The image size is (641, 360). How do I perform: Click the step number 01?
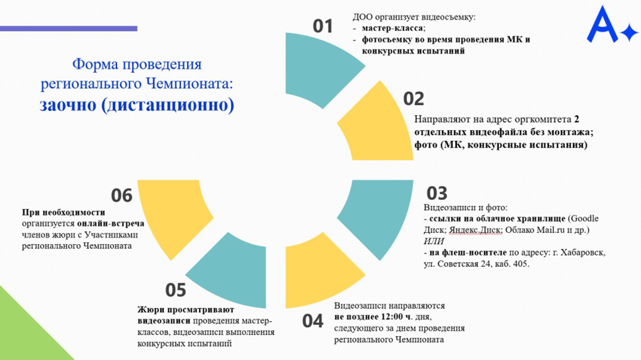click(x=323, y=26)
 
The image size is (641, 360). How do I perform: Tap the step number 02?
click(x=413, y=99)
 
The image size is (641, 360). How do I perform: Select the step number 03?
click(x=437, y=193)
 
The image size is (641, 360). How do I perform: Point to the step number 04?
click(x=313, y=321)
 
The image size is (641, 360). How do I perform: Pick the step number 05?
click(x=175, y=290)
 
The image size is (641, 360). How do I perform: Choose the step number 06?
click(x=122, y=195)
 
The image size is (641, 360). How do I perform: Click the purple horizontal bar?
click(x=69, y=28)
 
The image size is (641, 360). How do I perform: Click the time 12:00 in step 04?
click(x=392, y=316)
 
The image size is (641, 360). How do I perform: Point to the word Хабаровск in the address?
click(x=583, y=253)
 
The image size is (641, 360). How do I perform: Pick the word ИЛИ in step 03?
click(x=434, y=242)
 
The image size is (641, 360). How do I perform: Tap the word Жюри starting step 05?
click(x=151, y=310)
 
